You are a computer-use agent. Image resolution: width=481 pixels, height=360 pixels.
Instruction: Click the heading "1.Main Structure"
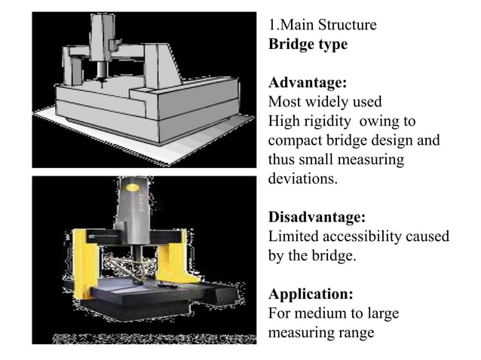tap(322, 26)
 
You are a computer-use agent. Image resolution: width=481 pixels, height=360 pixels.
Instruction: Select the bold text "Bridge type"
tap(308, 44)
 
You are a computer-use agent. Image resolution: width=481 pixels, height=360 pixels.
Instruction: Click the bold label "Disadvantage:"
tap(317, 217)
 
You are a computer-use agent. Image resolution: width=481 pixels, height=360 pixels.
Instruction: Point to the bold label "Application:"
tap(310, 294)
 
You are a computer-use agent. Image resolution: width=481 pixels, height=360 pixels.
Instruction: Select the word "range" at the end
tap(356, 332)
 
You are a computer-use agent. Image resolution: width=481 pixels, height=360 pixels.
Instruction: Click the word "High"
tap(284, 121)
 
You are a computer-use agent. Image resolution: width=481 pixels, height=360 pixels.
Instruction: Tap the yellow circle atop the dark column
tap(136, 185)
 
